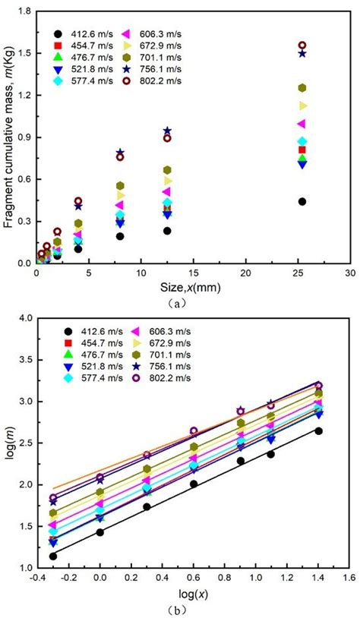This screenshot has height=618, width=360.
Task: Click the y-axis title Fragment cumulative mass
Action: pyautogui.click(x=8, y=137)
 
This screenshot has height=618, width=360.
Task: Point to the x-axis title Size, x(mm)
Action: pyautogui.click(x=193, y=285)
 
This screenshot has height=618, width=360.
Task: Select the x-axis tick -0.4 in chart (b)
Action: pyautogui.click(x=36, y=578)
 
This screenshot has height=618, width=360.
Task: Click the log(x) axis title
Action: pyautogui.click(x=193, y=592)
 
